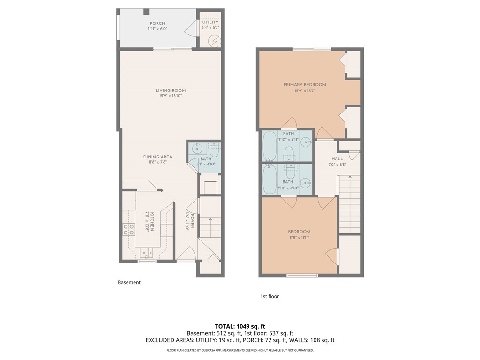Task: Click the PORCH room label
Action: click(157, 23)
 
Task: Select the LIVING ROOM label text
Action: click(171, 90)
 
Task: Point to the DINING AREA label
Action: click(157, 157)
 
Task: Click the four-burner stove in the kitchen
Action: click(129, 230)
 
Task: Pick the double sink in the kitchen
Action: click(146, 252)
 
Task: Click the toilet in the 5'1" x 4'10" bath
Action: click(214, 150)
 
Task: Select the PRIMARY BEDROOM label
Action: click(304, 85)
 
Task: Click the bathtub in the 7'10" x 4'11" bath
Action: click(270, 146)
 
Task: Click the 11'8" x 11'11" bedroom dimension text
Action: click(299, 238)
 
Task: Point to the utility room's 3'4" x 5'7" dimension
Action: click(210, 27)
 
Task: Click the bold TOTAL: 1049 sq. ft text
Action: click(240, 326)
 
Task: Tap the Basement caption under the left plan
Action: click(129, 282)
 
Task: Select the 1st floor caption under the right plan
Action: click(270, 296)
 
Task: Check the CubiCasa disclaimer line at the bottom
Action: click(240, 350)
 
